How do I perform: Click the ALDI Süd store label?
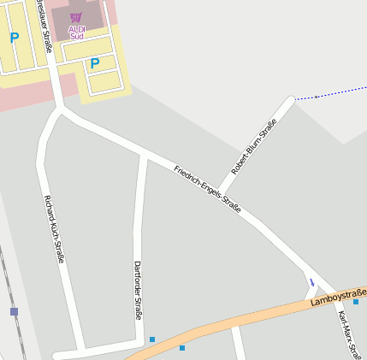click(77, 32)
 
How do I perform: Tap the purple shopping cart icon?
click(76, 18)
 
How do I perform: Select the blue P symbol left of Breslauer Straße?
click(14, 38)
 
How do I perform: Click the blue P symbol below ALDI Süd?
click(95, 62)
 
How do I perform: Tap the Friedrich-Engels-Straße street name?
click(207, 190)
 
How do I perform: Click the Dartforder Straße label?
click(138, 290)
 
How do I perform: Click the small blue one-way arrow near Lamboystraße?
click(312, 280)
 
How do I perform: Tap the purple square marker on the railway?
click(14, 312)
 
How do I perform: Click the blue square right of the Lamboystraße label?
click(356, 302)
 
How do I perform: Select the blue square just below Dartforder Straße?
click(152, 339)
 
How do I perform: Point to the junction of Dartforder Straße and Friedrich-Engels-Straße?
click(144, 154)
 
